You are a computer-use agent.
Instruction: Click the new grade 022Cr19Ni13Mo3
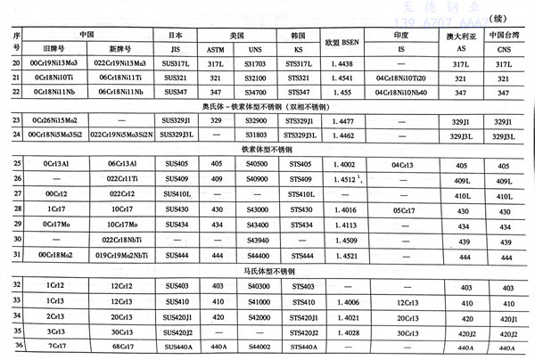coord(121,65)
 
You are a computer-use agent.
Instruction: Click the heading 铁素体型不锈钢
coord(267,151)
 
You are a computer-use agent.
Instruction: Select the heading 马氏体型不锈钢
coord(267,269)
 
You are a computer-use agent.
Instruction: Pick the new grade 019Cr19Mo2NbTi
coord(121,254)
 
